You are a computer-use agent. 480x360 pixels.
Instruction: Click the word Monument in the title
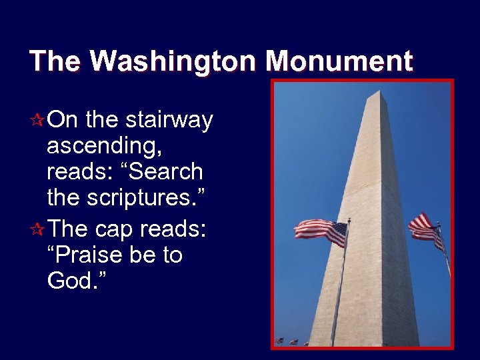pyautogui.click(x=339, y=61)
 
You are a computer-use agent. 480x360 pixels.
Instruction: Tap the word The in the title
pyautogui.click(x=55, y=61)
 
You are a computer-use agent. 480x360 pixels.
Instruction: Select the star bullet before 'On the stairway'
pyautogui.click(x=38, y=121)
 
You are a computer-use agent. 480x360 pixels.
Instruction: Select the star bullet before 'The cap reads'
pyautogui.click(x=38, y=229)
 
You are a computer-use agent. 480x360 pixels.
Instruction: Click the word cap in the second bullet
pyautogui.click(x=114, y=229)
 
